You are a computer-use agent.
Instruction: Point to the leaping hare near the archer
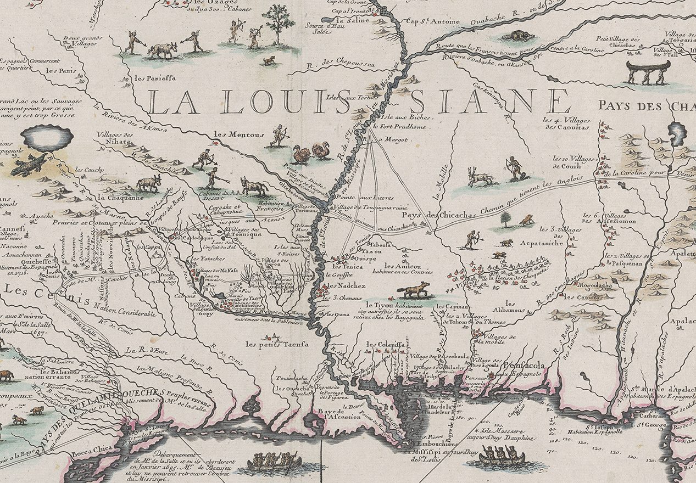480,177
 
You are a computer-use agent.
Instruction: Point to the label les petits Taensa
277,344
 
